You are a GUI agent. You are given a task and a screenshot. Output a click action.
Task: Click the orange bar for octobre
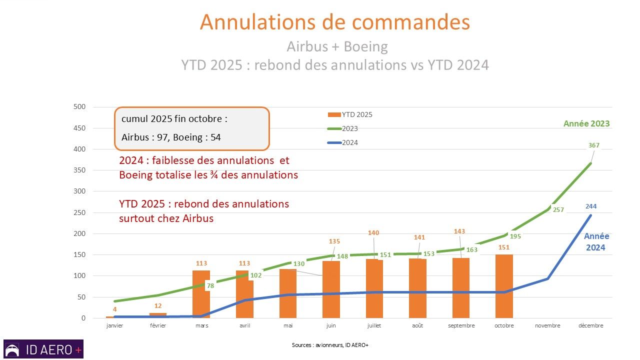pyautogui.click(x=504, y=286)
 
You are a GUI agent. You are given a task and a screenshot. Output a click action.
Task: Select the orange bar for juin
pyautogui.click(x=331, y=289)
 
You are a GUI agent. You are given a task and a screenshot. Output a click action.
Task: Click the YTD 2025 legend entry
pyautogui.click(x=349, y=114)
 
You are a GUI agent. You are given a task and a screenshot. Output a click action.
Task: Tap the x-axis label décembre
pyautogui.click(x=590, y=325)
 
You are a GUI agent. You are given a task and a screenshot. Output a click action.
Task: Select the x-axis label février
pyautogui.click(x=158, y=325)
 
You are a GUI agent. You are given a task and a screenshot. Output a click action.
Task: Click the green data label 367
pyautogui.click(x=593, y=145)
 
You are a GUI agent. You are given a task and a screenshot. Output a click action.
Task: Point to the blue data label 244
pyautogui.click(x=590, y=206)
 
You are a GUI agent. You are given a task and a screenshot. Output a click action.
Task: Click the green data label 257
pyautogui.click(x=558, y=210)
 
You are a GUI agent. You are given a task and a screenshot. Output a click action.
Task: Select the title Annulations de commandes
pyautogui.click(x=334, y=22)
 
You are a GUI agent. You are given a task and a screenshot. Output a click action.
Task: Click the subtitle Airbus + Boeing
pyautogui.click(x=337, y=46)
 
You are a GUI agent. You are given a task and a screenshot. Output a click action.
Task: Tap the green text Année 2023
pyautogui.click(x=586, y=123)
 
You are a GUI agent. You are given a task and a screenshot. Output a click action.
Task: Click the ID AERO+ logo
pyautogui.click(x=43, y=349)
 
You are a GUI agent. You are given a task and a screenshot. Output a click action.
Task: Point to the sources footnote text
pyautogui.click(x=330, y=345)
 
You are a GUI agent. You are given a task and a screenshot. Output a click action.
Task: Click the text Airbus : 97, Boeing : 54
pyautogui.click(x=171, y=137)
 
